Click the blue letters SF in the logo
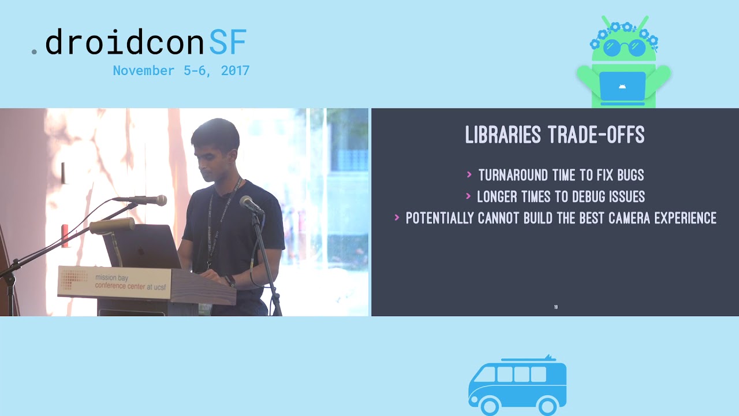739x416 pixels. (227, 42)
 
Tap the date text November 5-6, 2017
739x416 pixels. (181, 70)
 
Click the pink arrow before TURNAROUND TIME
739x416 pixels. (469, 174)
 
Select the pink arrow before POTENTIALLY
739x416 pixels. (397, 218)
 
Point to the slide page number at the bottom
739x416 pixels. (555, 307)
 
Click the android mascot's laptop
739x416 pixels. (622, 86)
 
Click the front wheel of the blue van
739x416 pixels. (490, 406)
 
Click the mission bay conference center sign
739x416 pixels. (115, 281)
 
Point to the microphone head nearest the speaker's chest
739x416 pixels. (251, 203)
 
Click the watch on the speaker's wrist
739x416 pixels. (230, 281)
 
